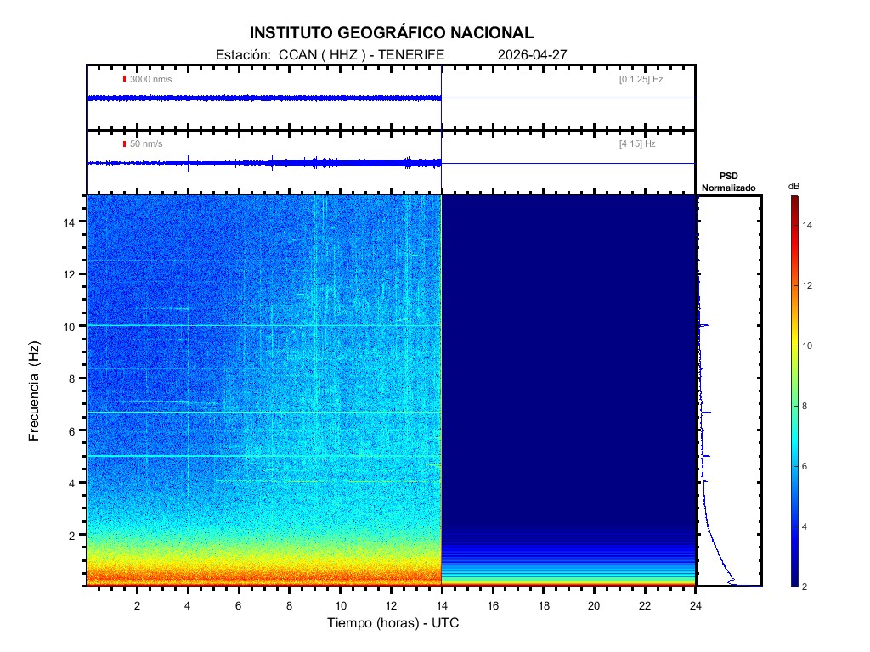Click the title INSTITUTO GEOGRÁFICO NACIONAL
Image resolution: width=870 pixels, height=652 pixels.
point(392,33)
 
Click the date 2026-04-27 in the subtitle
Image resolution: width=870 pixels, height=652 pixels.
point(532,54)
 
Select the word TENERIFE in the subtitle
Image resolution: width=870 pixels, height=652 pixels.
point(411,54)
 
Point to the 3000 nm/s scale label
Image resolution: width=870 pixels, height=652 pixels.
point(151,79)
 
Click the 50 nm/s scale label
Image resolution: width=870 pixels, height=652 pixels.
point(146,144)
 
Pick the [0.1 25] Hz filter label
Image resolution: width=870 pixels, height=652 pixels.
point(641,79)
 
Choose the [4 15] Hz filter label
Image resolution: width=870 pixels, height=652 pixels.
point(637,144)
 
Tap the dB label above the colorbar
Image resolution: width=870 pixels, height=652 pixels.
point(794,186)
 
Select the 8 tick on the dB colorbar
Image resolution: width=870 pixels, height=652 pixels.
point(807,407)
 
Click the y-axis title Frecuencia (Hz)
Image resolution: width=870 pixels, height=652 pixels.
point(35,391)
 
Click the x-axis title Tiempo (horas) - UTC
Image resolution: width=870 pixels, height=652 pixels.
point(393,623)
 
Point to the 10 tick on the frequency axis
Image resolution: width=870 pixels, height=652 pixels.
point(72,326)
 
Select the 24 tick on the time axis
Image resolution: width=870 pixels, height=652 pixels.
point(696,604)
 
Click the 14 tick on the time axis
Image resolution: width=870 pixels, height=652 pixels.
point(442,604)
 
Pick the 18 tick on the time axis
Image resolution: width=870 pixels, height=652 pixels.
point(544,604)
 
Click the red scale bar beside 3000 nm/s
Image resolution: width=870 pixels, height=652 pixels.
point(124,79)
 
